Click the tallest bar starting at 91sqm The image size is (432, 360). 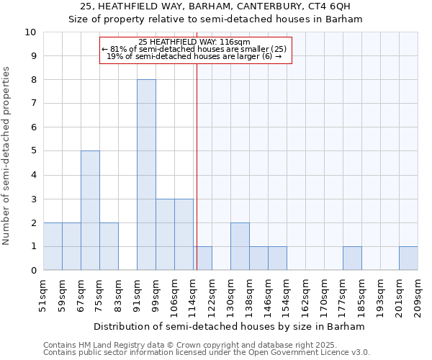146,175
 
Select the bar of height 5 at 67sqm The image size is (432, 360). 90,210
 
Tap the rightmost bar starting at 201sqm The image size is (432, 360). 408,258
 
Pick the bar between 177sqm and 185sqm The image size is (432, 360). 352,258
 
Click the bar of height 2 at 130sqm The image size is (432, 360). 240,246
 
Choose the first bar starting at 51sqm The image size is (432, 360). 53,246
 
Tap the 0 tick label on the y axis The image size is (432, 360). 33,270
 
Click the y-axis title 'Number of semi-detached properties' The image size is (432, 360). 7,156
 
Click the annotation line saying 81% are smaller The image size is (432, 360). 194,49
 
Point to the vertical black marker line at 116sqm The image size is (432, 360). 196,166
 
